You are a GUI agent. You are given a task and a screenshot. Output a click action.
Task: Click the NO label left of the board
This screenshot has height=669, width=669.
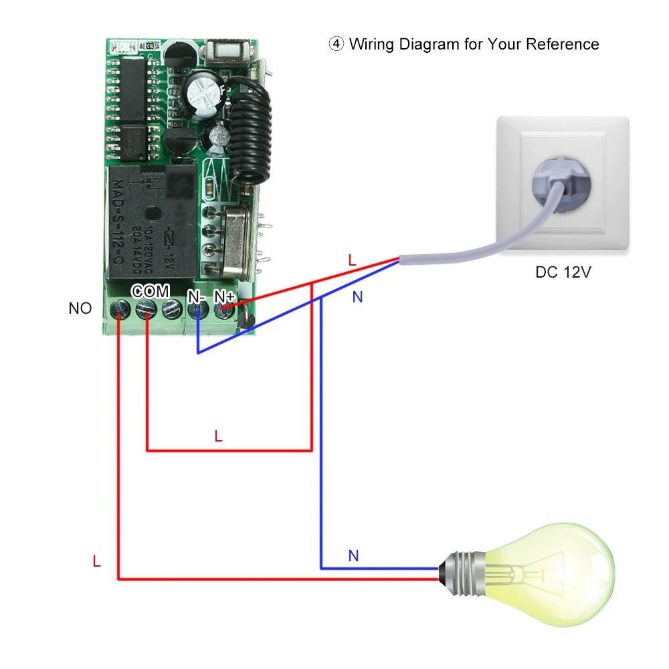[80, 309]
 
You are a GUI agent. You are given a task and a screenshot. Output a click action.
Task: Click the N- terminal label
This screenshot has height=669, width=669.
[196, 294]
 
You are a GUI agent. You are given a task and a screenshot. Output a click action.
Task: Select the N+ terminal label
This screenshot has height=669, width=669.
[224, 294]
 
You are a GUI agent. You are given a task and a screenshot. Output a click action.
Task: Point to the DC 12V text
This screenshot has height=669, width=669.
[563, 273]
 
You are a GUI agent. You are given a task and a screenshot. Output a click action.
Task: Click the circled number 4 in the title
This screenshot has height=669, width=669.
[336, 44]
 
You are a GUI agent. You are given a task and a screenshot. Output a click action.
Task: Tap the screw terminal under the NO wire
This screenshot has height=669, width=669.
[120, 309]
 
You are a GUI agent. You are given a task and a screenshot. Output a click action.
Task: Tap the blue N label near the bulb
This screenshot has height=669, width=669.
[354, 556]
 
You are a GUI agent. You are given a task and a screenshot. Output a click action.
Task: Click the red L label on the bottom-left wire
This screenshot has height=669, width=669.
[96, 562]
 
